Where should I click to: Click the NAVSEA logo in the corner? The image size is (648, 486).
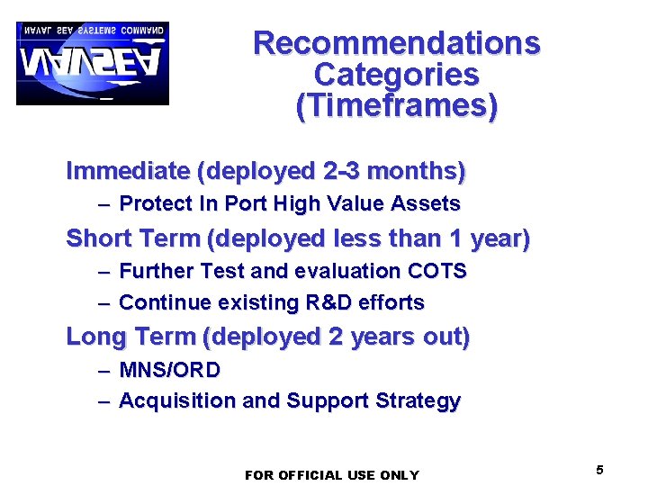92,63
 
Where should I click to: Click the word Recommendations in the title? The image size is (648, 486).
397,42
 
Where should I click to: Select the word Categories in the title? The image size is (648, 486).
396,74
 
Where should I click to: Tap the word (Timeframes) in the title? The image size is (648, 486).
396,106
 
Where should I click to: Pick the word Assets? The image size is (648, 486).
426,204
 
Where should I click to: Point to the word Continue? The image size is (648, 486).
161,302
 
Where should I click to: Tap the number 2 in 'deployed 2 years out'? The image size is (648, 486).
336,337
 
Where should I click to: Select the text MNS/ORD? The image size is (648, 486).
169,370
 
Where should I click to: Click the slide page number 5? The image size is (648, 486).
599,470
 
